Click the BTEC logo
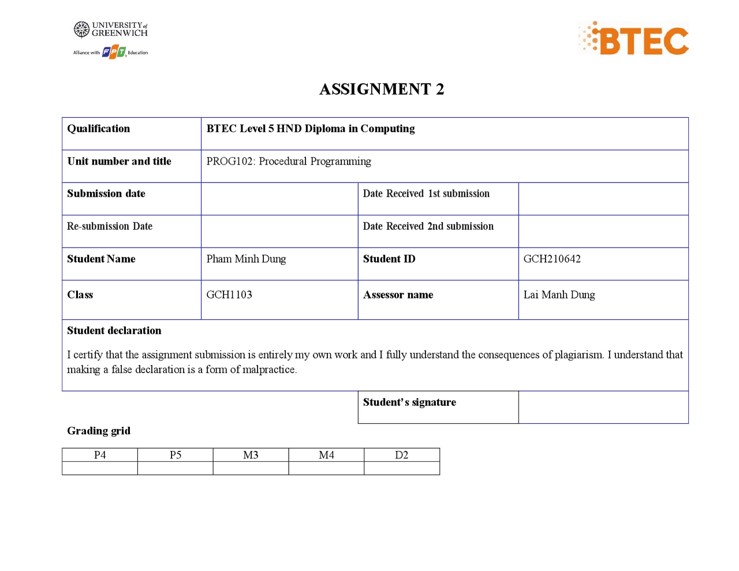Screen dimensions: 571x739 pyautogui.click(x=634, y=39)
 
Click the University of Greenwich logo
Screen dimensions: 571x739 pyautogui.click(x=111, y=29)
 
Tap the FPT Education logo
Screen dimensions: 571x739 pyautogui.click(x=114, y=53)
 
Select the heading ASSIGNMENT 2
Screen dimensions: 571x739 pyautogui.click(x=382, y=89)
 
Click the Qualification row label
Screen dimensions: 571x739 pyautogui.click(x=99, y=129)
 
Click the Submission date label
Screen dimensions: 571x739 pyautogui.click(x=106, y=194)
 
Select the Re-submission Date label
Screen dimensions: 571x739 pyautogui.click(x=110, y=226)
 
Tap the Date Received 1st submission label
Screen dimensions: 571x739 pyautogui.click(x=426, y=194)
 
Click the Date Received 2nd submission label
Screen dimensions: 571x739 pyautogui.click(x=428, y=226)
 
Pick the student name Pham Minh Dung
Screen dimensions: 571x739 pyautogui.click(x=246, y=259)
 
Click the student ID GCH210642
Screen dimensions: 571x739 pyautogui.click(x=552, y=259)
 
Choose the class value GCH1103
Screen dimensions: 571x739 pyautogui.click(x=229, y=295)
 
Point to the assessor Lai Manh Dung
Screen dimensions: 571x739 pyautogui.click(x=559, y=295)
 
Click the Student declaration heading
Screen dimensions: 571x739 pyautogui.click(x=114, y=331)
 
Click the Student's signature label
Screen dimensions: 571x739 pyautogui.click(x=409, y=402)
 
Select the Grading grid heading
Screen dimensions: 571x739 pyautogui.click(x=99, y=431)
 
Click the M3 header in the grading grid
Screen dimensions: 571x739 pyautogui.click(x=251, y=455)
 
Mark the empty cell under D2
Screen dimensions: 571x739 pyautogui.click(x=402, y=468)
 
